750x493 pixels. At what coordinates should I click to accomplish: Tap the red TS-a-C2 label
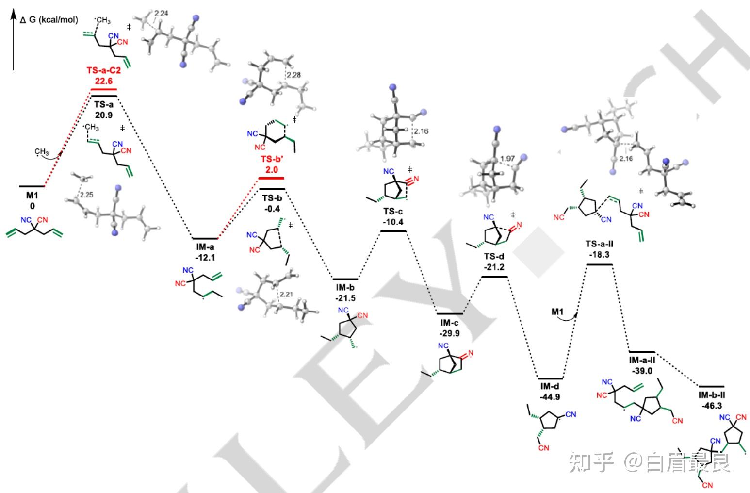(104, 71)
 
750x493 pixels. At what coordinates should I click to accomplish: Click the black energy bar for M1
(32, 186)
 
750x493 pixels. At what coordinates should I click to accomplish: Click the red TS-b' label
(272, 160)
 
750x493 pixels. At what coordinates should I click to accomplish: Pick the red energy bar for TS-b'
(272, 178)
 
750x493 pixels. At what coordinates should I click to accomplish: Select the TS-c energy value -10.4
(393, 222)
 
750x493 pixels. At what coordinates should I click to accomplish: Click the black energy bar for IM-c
(449, 314)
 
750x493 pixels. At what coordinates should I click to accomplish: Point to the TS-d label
(494, 257)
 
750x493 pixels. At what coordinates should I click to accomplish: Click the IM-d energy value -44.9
(550, 396)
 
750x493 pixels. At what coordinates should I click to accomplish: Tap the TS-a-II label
(599, 244)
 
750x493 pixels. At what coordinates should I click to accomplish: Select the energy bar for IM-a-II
(642, 352)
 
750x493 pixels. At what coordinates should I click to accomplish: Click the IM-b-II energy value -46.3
(711, 405)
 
